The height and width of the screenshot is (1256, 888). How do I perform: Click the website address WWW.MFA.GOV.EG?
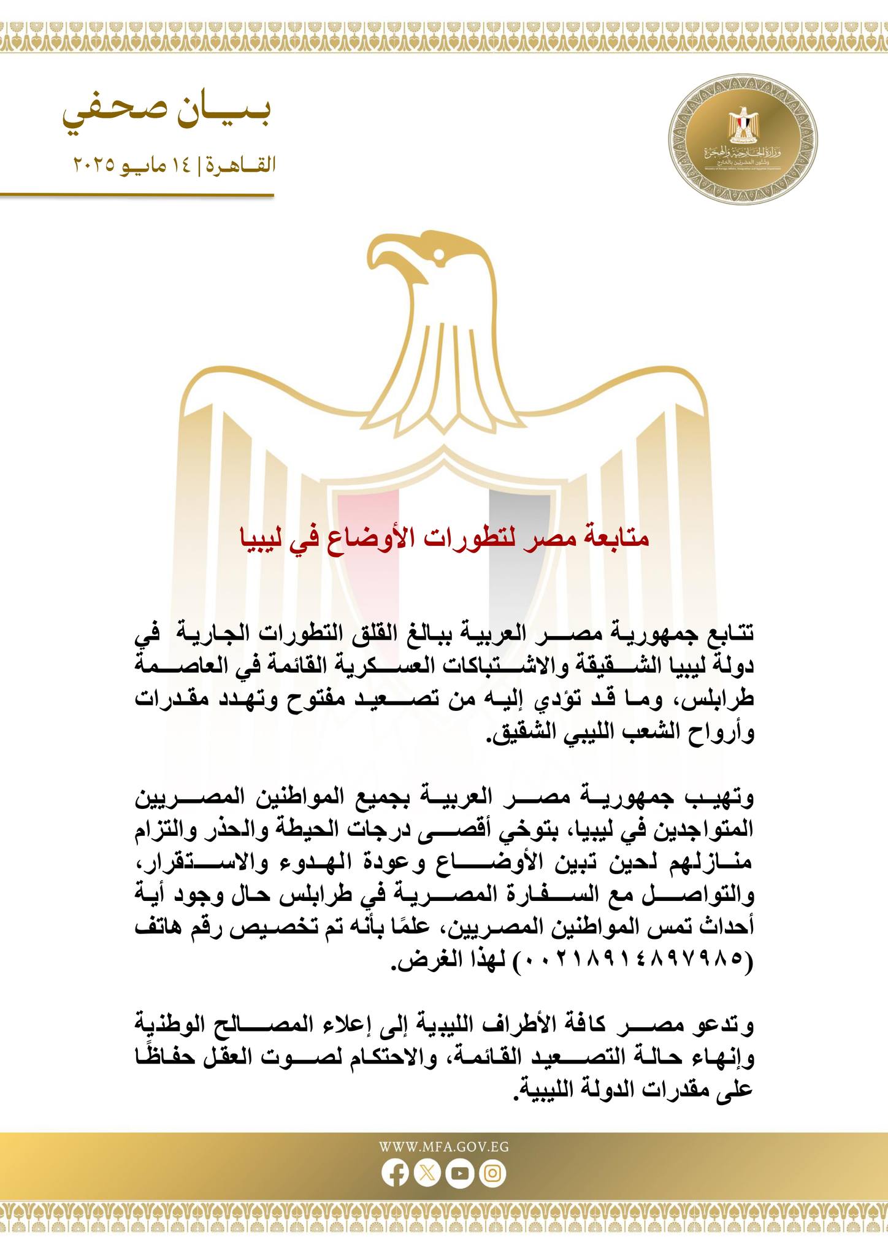pyautogui.click(x=444, y=1147)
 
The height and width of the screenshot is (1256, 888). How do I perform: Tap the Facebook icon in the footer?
pyautogui.click(x=395, y=1174)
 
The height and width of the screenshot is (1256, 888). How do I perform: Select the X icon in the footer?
pyautogui.click(x=427, y=1174)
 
